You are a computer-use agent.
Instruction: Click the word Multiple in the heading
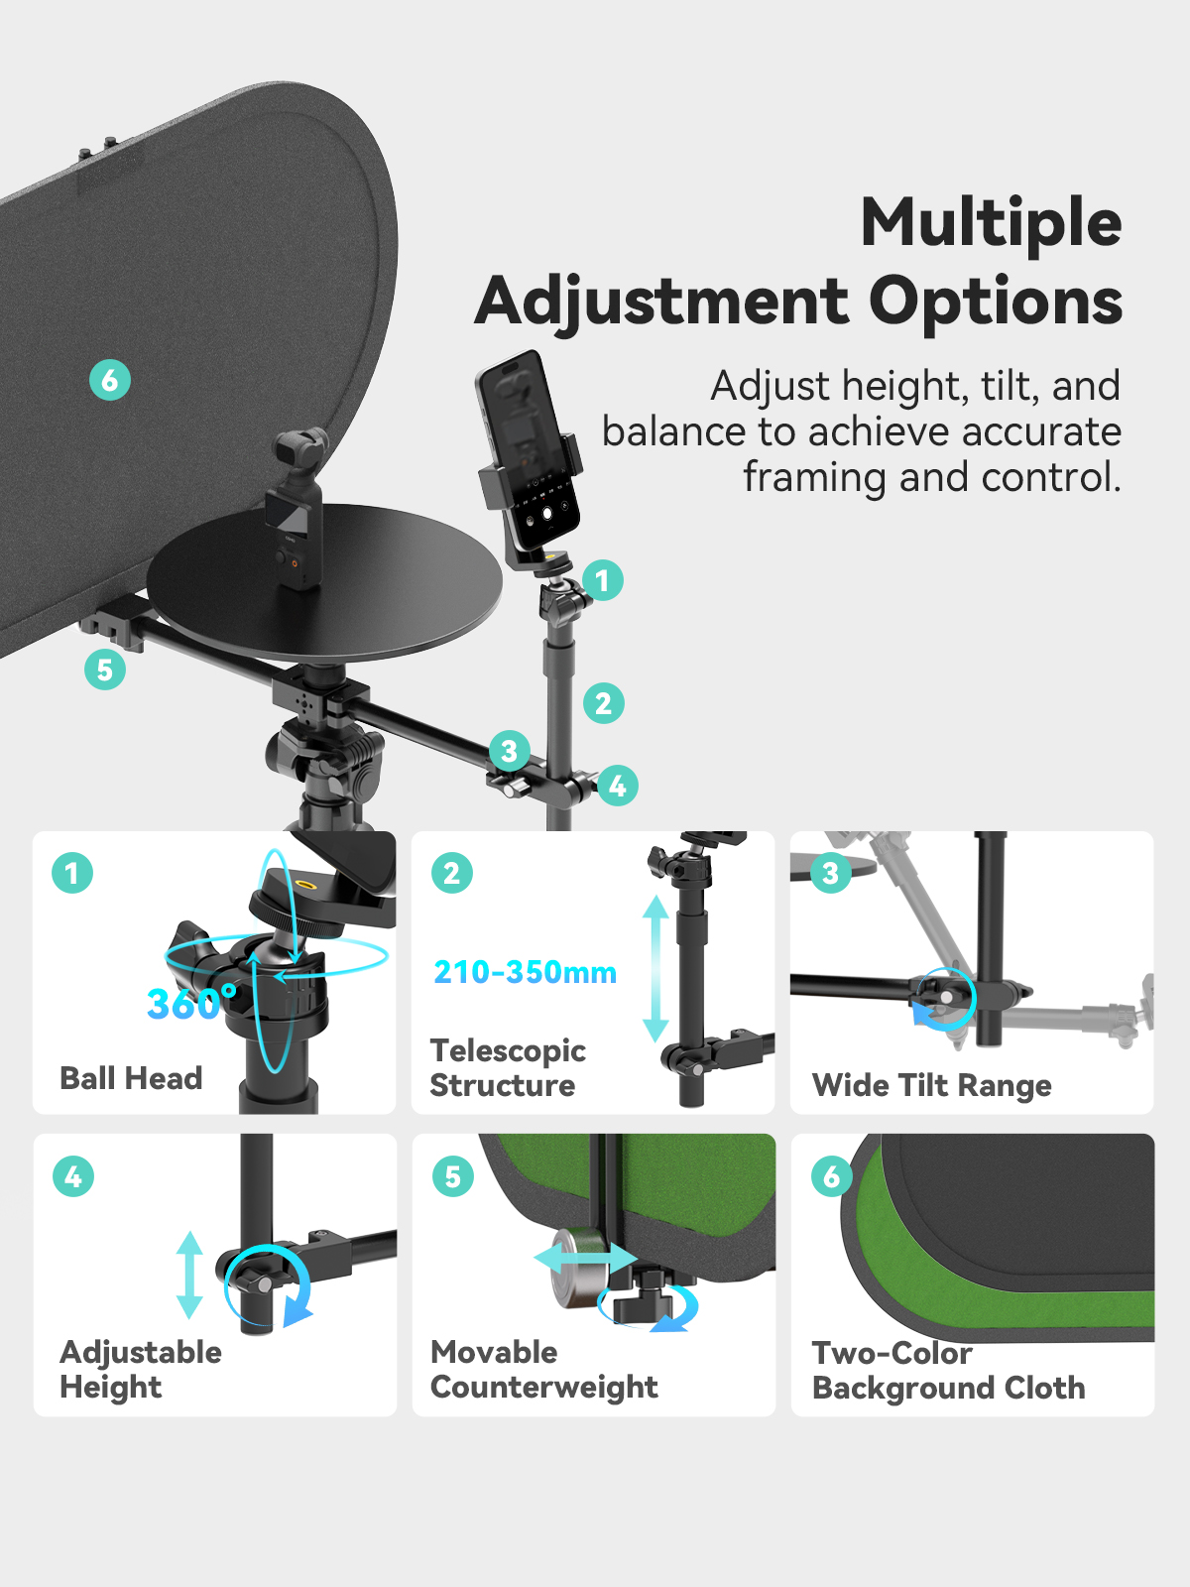pyautogui.click(x=991, y=222)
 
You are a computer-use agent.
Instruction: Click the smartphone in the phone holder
pyautogui.click(x=529, y=449)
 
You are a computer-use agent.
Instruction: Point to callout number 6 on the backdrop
pyautogui.click(x=110, y=380)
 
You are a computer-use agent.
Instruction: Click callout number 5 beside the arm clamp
pyautogui.click(x=105, y=670)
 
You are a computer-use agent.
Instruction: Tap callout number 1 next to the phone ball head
pyautogui.click(x=603, y=580)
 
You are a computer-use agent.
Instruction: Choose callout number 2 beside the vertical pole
pyautogui.click(x=603, y=703)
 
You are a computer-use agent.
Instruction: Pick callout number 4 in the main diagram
pyautogui.click(x=617, y=786)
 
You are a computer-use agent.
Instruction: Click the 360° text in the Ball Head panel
pyautogui.click(x=190, y=1003)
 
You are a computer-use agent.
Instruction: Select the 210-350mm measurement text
pyautogui.click(x=526, y=972)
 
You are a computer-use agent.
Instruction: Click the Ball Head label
pyautogui.click(x=131, y=1078)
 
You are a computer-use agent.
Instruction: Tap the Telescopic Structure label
pyautogui.click(x=508, y=1068)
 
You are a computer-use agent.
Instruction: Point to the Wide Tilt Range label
pyautogui.click(x=932, y=1085)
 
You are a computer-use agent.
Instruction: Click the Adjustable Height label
pyautogui.click(x=141, y=1370)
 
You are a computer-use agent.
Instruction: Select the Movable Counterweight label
pyautogui.click(x=544, y=1370)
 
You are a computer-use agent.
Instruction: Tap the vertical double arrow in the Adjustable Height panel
pyautogui.click(x=190, y=1275)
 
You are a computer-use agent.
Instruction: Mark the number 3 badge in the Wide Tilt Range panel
pyautogui.click(x=831, y=873)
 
